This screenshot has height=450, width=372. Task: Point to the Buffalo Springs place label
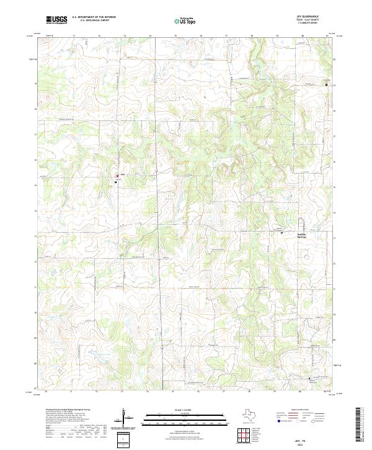[301, 235]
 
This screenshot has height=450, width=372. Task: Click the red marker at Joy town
[117, 176]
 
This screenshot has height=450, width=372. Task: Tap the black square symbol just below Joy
[116, 181]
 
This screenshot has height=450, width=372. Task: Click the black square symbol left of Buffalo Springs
[282, 232]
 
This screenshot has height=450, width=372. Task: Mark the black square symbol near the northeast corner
[326, 85]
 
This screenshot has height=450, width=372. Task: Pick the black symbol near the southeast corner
[309, 377]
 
